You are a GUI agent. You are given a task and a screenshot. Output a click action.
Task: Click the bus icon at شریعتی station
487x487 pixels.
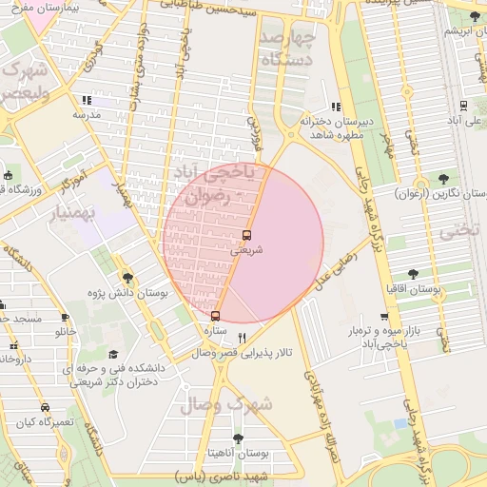coord(247,235)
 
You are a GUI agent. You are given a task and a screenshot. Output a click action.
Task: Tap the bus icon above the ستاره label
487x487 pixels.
coord(215,316)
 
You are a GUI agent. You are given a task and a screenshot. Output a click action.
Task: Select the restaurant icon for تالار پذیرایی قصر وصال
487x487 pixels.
coord(242,338)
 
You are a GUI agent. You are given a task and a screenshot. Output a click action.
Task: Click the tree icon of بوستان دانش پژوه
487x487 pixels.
coord(128,278)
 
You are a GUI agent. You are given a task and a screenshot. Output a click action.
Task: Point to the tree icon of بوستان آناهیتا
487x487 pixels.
coord(237,438)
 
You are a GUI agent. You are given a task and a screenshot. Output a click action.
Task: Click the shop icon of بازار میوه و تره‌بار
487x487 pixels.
coord(384,318)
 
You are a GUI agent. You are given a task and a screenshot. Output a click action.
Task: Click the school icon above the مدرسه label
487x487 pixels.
coord(86,100)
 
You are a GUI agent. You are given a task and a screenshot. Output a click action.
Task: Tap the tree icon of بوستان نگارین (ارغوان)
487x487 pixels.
coord(444,178)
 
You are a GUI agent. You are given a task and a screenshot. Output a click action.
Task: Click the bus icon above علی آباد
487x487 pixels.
coord(463,106)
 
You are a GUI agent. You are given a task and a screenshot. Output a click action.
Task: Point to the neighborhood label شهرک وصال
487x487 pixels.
coord(238,403)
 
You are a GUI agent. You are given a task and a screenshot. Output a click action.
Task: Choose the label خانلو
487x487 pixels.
coord(66,332)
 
